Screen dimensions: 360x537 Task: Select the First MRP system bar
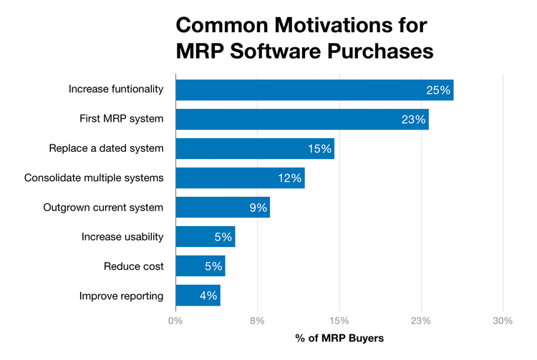301,120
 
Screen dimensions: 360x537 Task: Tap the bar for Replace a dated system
254,149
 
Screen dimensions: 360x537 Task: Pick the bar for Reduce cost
200,266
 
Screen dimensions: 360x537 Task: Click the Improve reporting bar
198,296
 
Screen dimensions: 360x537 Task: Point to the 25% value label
437,90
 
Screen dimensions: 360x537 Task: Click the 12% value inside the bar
289,178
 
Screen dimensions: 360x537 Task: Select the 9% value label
258,208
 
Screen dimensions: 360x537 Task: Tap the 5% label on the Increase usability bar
223,237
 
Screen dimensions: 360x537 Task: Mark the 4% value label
208,296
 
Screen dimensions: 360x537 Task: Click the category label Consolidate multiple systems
94,178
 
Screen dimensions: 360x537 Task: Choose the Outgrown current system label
103,208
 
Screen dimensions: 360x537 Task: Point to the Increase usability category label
122,237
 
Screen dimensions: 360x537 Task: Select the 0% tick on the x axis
175,321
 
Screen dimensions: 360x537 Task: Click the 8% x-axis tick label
257,321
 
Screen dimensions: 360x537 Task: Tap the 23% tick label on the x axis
421,321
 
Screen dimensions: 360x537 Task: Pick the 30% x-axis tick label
503,321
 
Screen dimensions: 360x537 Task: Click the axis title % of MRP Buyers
339,337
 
